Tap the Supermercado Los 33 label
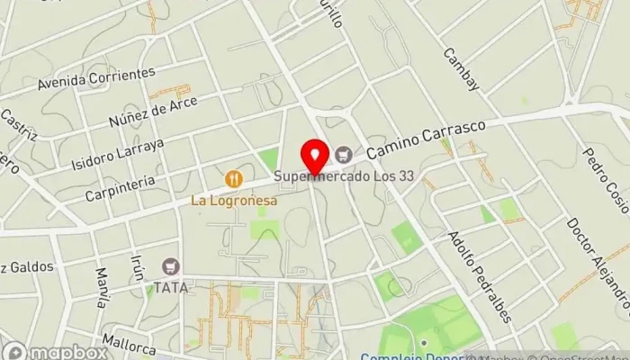[x=345, y=176]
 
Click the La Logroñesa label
[x=233, y=201]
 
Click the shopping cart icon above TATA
[x=169, y=266]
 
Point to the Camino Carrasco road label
[x=426, y=138]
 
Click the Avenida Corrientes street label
[x=96, y=79]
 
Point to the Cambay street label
[x=462, y=68]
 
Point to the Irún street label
[x=138, y=266]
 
